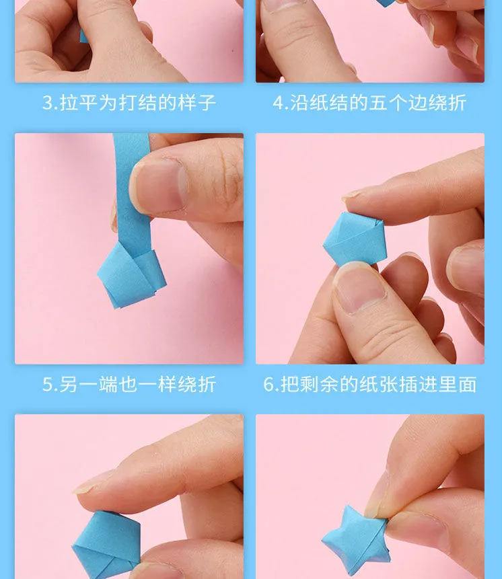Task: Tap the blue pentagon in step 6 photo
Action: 355,239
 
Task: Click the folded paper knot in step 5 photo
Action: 131,275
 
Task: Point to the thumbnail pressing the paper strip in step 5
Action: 159,186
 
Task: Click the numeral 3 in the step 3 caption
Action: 47,103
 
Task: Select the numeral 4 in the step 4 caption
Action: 278,103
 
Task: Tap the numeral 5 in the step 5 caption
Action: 47,385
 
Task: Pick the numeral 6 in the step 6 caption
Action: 268,385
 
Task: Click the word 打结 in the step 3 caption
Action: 137,103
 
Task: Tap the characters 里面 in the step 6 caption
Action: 458,385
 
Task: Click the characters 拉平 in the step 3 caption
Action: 78,103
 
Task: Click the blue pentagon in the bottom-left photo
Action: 106,545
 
